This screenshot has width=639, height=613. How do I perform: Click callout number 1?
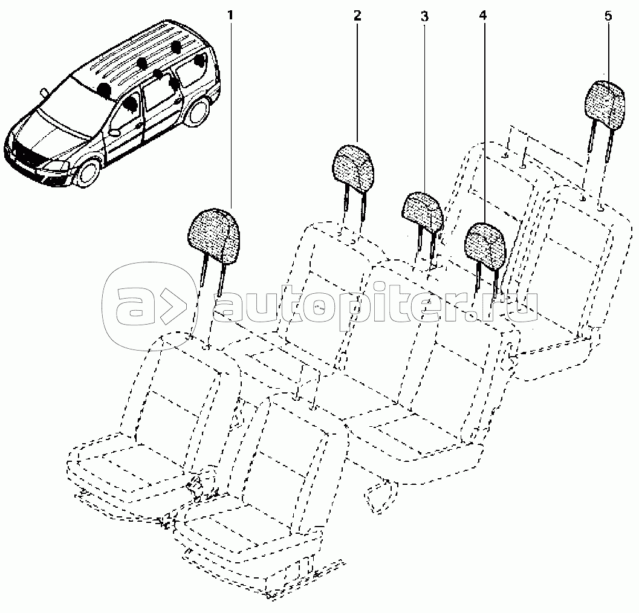(230, 16)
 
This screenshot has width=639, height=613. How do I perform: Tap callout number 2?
(357, 16)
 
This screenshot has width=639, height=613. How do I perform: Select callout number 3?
(424, 17)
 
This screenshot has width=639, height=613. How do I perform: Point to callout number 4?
(483, 16)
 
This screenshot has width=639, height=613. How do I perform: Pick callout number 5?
(608, 16)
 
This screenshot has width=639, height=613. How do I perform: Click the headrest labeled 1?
(213, 236)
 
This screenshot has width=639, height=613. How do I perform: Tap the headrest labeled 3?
(423, 213)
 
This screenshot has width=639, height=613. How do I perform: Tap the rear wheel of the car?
(197, 111)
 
